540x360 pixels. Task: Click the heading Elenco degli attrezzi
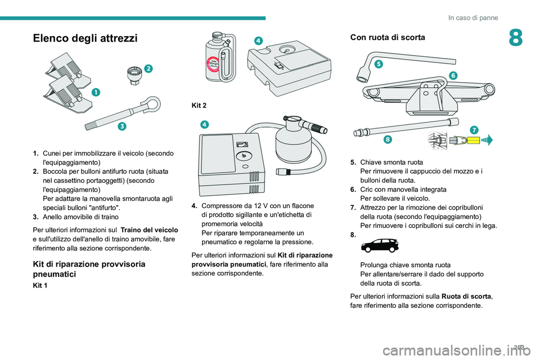point(85,38)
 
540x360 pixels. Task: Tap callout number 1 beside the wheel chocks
point(96,92)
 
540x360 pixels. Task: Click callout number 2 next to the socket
point(148,69)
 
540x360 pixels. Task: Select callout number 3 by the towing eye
point(122,126)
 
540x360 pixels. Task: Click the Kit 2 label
point(199,105)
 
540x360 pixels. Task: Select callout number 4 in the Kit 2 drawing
point(205,124)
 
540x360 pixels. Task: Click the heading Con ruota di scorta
point(388,37)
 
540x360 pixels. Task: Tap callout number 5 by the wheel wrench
point(379,64)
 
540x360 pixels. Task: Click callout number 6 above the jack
point(453,75)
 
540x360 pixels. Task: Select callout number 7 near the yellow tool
point(474,130)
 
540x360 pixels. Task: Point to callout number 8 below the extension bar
point(388,139)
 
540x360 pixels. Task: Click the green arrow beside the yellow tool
point(487,140)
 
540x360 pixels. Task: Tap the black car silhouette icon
point(380,245)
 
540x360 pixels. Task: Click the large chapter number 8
point(516,38)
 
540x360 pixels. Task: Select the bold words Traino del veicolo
point(150,229)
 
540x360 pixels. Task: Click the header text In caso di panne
point(473,17)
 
